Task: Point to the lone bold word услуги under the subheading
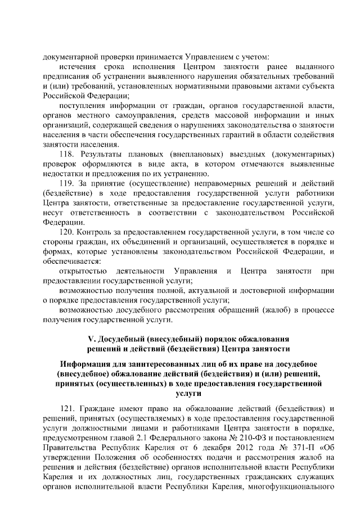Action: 180,393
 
